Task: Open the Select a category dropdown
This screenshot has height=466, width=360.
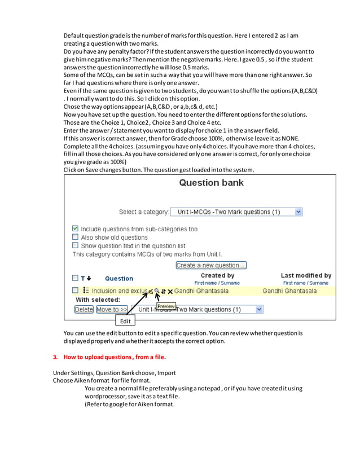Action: click(x=236, y=212)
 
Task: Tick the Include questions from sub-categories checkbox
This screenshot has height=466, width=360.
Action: click(x=76, y=229)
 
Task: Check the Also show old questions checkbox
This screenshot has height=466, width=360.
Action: click(x=76, y=238)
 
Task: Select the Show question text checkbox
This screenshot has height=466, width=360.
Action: click(x=76, y=246)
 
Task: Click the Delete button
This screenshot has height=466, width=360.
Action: click(x=84, y=309)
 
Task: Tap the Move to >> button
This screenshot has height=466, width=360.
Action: click(x=111, y=309)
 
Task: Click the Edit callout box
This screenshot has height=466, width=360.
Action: click(x=125, y=321)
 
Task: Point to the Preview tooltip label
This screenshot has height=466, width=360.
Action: click(x=166, y=306)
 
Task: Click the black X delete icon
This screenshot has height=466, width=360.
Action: click(x=170, y=291)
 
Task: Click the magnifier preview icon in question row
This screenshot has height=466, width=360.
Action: click(x=157, y=291)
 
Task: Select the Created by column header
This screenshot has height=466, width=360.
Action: click(x=217, y=275)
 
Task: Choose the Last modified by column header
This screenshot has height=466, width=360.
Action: click(x=306, y=275)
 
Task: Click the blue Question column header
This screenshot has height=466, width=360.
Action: click(x=119, y=278)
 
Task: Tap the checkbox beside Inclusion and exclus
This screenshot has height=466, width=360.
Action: click(x=76, y=291)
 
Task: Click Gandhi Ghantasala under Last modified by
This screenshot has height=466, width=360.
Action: click(x=289, y=291)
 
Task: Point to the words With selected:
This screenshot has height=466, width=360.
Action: click(x=98, y=300)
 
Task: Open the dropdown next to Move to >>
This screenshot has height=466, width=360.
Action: click(x=197, y=309)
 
